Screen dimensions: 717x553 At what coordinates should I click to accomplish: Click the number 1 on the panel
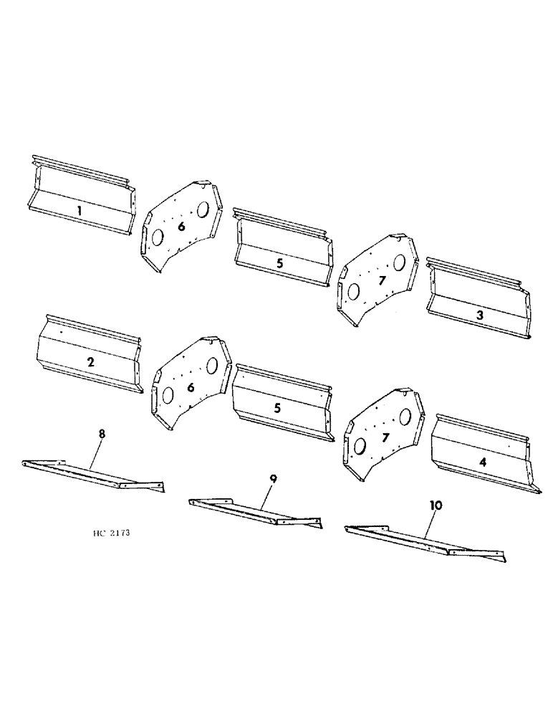coord(80,211)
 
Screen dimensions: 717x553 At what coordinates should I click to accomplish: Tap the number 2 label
coord(91,362)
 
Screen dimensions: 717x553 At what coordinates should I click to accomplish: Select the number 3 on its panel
coord(479,315)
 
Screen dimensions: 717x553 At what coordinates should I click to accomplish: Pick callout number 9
coord(272,478)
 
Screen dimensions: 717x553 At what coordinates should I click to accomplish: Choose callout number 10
coord(436,505)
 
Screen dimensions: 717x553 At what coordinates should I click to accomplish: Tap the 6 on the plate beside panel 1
coord(181,226)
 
